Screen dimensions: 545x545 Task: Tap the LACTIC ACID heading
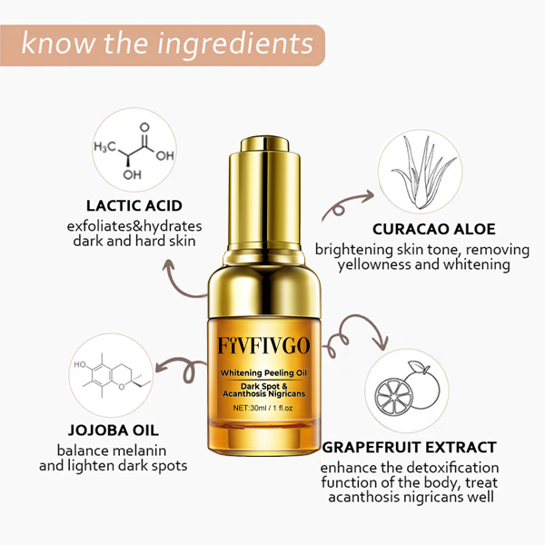tap(134, 205)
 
